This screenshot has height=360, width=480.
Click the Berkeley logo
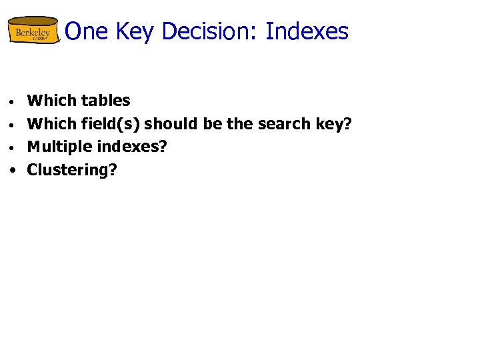33,31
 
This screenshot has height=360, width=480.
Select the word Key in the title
136,31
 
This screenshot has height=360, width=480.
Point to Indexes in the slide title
307,31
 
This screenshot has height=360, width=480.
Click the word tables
105,101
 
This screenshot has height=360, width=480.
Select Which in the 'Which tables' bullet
51,101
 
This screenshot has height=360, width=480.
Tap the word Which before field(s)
51,124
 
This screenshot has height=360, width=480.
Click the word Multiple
58,147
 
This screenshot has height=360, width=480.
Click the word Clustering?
72,170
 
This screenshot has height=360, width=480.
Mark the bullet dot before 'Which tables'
13,103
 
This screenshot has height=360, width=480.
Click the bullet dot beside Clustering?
13,171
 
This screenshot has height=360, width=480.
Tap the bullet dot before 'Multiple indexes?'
13,148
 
